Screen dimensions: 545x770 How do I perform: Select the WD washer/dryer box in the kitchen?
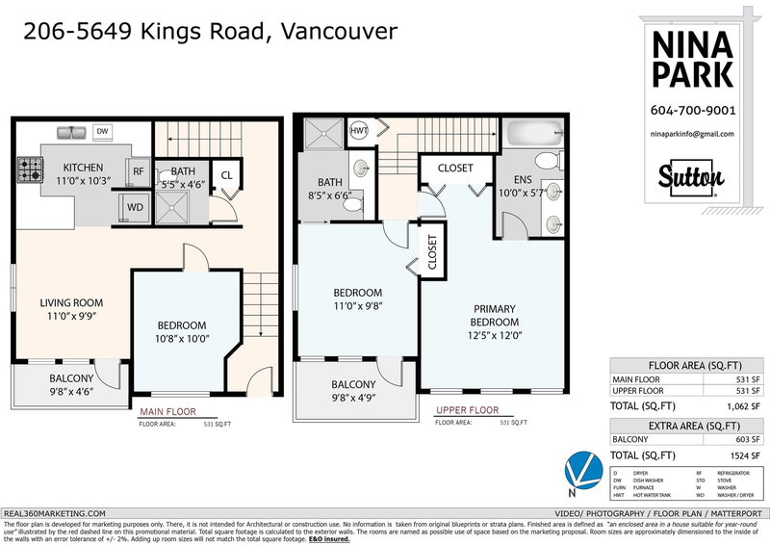click(x=132, y=205)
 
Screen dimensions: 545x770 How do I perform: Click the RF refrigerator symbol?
click(x=139, y=171)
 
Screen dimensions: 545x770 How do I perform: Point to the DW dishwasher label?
click(x=103, y=131)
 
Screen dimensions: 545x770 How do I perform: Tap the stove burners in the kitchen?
click(x=26, y=170)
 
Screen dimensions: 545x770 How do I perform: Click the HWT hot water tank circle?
click(x=359, y=131)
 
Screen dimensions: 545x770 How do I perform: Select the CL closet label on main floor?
click(x=227, y=175)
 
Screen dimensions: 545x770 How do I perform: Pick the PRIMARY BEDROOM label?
click(x=494, y=315)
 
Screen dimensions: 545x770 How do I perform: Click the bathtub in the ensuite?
click(x=534, y=134)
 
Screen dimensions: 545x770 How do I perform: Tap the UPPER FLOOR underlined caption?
click(x=466, y=411)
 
